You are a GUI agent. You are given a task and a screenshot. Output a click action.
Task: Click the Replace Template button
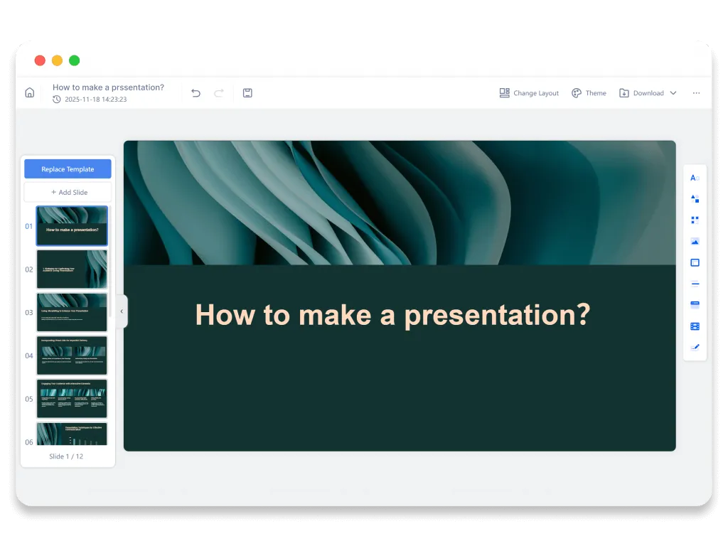coord(68,169)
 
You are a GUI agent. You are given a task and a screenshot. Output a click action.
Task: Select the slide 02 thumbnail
coord(72,269)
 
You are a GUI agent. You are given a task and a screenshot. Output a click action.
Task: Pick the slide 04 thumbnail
coord(72,355)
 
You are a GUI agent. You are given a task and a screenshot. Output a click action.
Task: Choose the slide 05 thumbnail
coord(72,399)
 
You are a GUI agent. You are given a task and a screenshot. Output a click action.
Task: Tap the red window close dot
coord(40,60)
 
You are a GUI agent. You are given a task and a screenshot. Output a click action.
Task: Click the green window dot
coord(74,60)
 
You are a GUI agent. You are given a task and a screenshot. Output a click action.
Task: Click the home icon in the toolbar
coord(30,92)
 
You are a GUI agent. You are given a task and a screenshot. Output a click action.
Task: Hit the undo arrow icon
coord(196,93)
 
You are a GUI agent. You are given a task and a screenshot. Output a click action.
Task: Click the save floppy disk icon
coord(247,93)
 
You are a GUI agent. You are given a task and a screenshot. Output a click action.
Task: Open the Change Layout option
coord(529,93)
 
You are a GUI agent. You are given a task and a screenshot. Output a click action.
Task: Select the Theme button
coord(589,93)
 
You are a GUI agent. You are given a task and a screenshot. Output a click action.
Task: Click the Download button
coord(647,93)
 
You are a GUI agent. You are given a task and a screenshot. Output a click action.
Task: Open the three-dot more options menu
coord(696,93)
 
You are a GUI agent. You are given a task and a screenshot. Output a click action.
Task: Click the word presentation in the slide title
coord(497,315)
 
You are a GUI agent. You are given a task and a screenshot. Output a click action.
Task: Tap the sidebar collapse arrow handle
coord(122,311)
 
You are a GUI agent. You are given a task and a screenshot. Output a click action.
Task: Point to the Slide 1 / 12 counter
coord(66,456)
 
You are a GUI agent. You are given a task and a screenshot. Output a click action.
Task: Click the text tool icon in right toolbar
coord(695,178)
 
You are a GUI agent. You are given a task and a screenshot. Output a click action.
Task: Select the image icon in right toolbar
coord(695,242)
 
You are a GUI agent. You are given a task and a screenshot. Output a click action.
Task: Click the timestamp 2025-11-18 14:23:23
coord(95,100)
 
